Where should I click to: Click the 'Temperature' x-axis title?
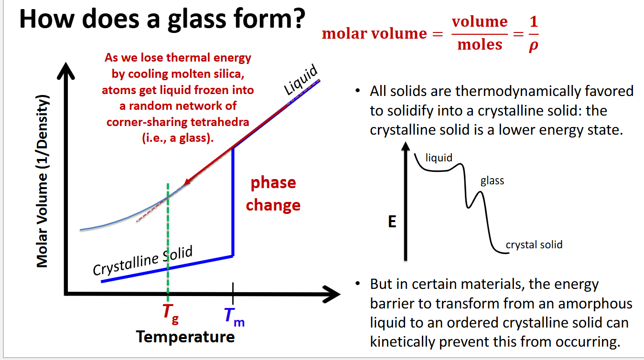point(185,337)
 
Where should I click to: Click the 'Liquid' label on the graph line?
point(301,80)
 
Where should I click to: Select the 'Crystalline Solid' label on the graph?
point(142,261)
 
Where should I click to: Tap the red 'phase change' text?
point(273,194)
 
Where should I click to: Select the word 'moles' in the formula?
point(480,45)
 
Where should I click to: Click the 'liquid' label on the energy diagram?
point(439,158)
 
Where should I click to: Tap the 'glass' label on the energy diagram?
point(492,181)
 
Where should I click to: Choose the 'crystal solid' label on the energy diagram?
point(534,245)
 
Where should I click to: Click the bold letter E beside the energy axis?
point(392,222)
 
